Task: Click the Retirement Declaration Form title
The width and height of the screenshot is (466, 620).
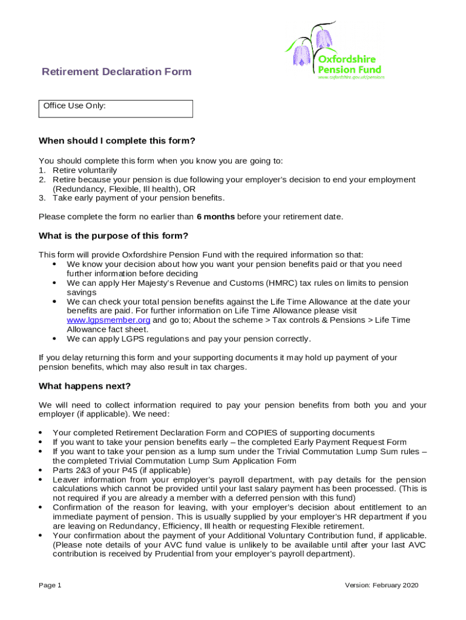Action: click(x=116, y=72)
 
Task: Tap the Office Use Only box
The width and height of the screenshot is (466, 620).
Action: click(x=116, y=108)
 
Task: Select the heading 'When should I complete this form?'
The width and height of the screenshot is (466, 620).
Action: click(x=117, y=141)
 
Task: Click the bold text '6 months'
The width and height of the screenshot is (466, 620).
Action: click(x=215, y=217)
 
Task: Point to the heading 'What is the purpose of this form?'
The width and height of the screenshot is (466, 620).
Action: click(x=113, y=236)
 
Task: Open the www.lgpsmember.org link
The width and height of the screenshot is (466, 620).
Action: click(x=108, y=320)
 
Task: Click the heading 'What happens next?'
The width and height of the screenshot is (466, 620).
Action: click(x=85, y=386)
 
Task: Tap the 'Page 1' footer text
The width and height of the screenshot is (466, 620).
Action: click(x=50, y=585)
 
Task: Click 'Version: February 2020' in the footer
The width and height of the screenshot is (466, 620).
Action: click(x=381, y=585)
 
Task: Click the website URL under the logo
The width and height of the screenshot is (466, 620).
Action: click(x=351, y=77)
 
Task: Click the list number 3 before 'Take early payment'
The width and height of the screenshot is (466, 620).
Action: click(x=42, y=198)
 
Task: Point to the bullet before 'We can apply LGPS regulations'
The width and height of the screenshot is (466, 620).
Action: click(x=54, y=338)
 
